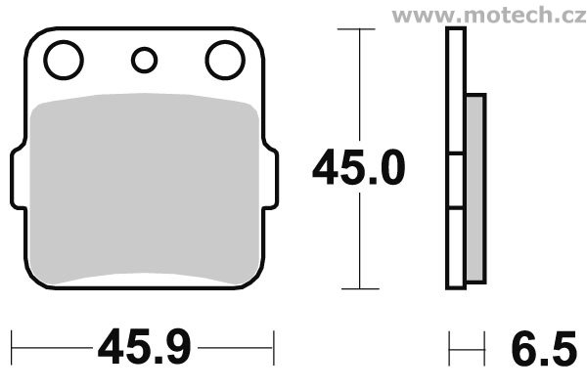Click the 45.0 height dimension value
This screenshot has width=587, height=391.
pyautogui.click(x=359, y=167)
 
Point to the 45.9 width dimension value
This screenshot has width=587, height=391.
pyautogui.click(x=145, y=346)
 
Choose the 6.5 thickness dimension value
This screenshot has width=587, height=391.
pyautogui.click(x=544, y=348)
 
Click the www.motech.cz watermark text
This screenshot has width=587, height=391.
pyautogui.click(x=489, y=15)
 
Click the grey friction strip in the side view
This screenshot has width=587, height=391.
pyautogui.click(x=475, y=189)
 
